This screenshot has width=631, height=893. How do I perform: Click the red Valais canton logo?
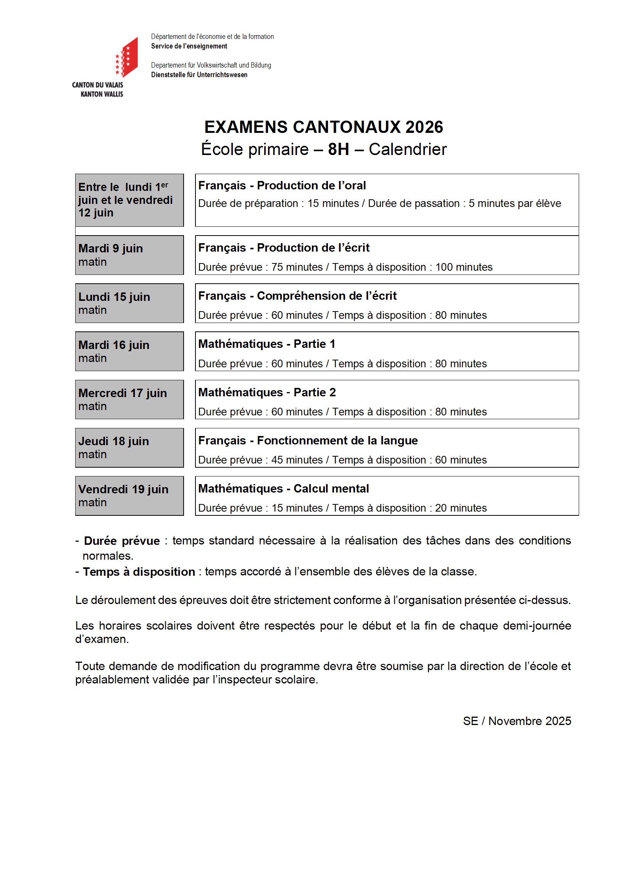127,57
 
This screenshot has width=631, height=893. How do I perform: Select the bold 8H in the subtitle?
338,149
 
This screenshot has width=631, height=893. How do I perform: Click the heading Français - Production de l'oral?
282,186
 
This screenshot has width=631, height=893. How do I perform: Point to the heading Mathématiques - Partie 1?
266,344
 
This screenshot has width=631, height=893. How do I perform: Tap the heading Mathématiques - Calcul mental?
283,489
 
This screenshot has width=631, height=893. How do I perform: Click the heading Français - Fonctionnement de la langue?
308,440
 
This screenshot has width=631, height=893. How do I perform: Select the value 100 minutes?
463,267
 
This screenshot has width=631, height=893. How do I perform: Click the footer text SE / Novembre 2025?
517,721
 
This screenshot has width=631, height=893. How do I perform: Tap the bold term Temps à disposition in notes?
139,572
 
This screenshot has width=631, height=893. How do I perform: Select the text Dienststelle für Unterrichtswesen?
199,75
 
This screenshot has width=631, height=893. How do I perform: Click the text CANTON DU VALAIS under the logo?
98,85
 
